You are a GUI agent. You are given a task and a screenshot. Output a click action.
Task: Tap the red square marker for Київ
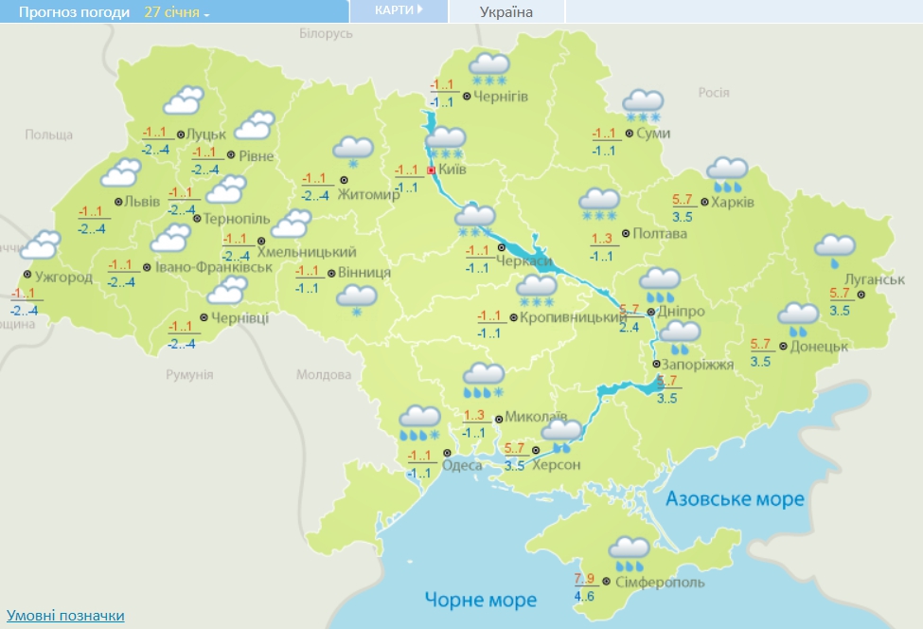click(x=431, y=171)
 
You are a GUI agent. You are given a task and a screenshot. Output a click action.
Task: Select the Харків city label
click(x=733, y=203)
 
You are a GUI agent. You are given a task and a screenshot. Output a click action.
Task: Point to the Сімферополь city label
click(x=659, y=581)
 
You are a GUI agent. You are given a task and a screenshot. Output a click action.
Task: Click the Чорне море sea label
click(x=480, y=600)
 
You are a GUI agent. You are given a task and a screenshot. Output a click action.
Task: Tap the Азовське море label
click(x=735, y=499)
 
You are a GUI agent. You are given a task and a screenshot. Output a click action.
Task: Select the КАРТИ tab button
click(x=398, y=10)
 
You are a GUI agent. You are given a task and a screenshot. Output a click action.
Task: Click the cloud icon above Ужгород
click(x=41, y=246)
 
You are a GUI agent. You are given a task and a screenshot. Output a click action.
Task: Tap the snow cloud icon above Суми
click(x=643, y=104)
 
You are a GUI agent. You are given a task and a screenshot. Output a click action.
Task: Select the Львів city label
click(x=142, y=202)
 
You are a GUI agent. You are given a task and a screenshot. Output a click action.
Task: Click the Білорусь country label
click(x=326, y=34)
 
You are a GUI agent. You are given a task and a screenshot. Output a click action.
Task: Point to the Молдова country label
click(x=324, y=375)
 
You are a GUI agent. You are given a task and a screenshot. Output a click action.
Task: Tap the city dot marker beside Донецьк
click(x=782, y=347)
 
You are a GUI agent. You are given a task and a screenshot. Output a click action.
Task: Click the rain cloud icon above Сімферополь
click(x=630, y=550)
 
